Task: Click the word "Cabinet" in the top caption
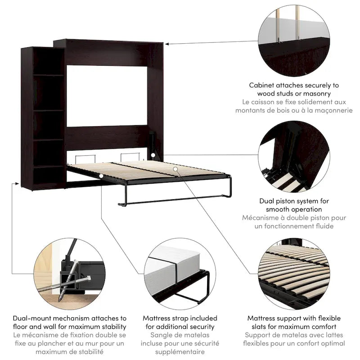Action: click(262, 85)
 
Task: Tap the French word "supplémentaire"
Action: click(180, 352)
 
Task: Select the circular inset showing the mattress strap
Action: click(180, 272)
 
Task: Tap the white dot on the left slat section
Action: click(102, 176)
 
